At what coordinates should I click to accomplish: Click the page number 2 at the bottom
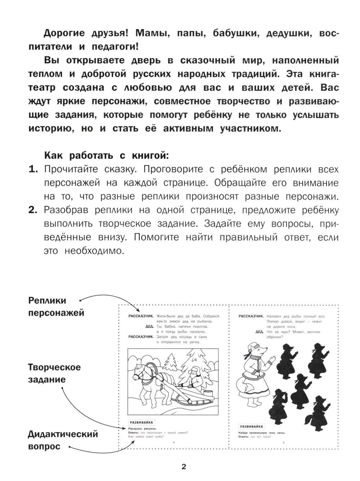point(184,467)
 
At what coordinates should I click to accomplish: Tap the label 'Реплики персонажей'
point(56,306)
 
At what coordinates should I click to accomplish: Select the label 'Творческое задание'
point(54,373)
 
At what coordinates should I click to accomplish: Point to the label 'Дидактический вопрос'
point(63,440)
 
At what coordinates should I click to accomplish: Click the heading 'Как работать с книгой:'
point(106,156)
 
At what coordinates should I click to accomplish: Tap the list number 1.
point(33,170)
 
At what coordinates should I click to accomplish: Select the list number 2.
point(33,210)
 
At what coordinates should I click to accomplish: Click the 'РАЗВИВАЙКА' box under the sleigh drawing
point(140,422)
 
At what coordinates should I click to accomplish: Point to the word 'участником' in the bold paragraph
point(250,129)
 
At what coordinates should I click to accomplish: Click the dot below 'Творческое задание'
point(62,388)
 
